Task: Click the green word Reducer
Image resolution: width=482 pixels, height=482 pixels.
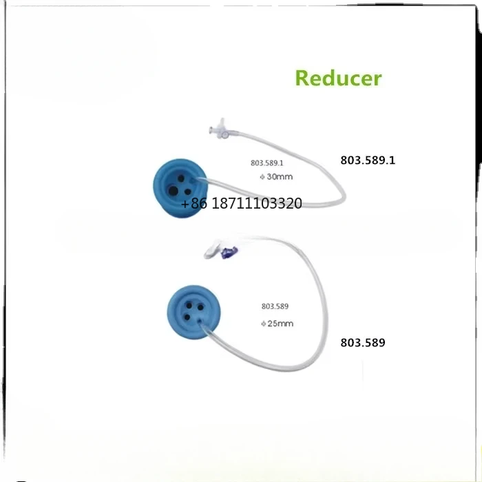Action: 338,78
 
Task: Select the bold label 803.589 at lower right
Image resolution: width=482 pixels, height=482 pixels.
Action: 363,341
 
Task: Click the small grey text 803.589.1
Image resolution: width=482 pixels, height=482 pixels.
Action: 266,164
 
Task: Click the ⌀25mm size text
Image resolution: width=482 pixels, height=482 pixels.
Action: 276,323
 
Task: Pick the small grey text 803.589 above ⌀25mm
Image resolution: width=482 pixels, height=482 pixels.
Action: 274,307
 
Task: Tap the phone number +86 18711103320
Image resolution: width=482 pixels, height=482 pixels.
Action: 241,204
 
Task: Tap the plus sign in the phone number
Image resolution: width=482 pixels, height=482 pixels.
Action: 185,205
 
